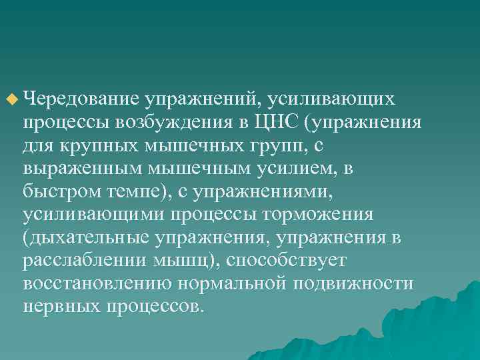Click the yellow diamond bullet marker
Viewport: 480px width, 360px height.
[x=11, y=101]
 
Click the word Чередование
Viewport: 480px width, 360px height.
[x=81, y=99]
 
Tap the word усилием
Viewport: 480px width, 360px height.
[x=297, y=169]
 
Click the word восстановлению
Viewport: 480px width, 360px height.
[x=96, y=285]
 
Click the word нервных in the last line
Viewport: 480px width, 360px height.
[x=61, y=307]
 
